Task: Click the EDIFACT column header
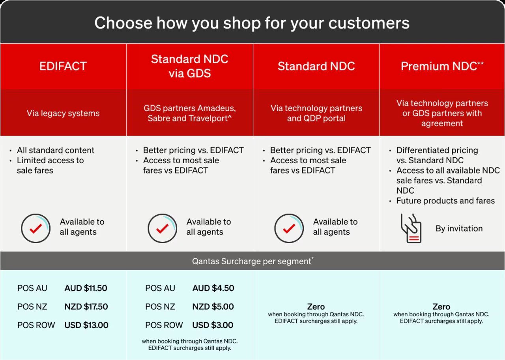pyautogui.click(x=63, y=66)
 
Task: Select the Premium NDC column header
pyautogui.click(x=442, y=66)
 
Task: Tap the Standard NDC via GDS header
pyautogui.click(x=190, y=66)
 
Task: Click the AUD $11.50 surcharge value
pyautogui.click(x=86, y=288)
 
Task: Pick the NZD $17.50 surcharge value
pyautogui.click(x=86, y=307)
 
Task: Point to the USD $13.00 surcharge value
pyautogui.click(x=86, y=325)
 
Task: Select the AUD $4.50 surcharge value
pyautogui.click(x=213, y=288)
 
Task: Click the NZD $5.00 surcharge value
pyautogui.click(x=213, y=307)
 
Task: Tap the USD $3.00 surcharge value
pyautogui.click(x=213, y=325)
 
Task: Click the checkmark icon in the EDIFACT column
pyautogui.click(x=36, y=228)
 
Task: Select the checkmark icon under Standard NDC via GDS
pyautogui.click(x=162, y=228)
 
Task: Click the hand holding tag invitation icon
pyautogui.click(x=411, y=228)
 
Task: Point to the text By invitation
pyautogui.click(x=459, y=228)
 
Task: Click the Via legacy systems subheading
pyautogui.click(x=63, y=113)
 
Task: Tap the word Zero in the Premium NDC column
pyautogui.click(x=441, y=307)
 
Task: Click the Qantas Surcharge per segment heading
pyautogui.click(x=252, y=261)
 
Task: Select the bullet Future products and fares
pyautogui.click(x=445, y=200)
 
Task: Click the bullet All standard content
pyautogui.click(x=56, y=150)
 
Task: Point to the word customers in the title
pyautogui.click(x=369, y=23)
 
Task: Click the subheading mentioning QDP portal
pyautogui.click(x=316, y=113)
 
